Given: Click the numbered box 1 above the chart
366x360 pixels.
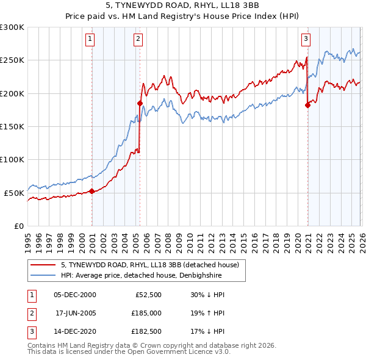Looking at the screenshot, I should click(90, 39).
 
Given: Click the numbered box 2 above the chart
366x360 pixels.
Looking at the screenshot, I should click(138, 39).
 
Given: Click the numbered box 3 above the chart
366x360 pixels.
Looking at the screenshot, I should click(306, 39).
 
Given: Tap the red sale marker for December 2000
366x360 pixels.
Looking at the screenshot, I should click(92, 191).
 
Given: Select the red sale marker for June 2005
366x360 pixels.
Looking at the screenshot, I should click(140, 103).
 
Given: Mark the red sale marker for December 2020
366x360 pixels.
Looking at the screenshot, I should click(307, 105).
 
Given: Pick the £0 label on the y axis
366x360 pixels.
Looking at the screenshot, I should click(18, 226).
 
